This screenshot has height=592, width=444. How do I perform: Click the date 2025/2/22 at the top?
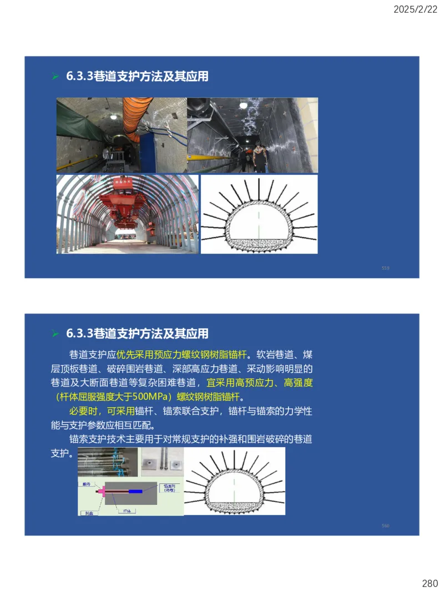[x=416, y=9]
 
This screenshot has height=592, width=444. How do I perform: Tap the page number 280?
[x=430, y=583]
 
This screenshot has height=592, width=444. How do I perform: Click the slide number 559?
[x=385, y=268]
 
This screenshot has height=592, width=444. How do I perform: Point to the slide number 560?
[x=385, y=525]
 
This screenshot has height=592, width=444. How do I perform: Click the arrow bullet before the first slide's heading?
[x=55, y=77]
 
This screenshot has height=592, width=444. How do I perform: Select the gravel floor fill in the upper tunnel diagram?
[x=259, y=245]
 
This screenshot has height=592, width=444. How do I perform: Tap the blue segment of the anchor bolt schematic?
[x=135, y=492]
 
